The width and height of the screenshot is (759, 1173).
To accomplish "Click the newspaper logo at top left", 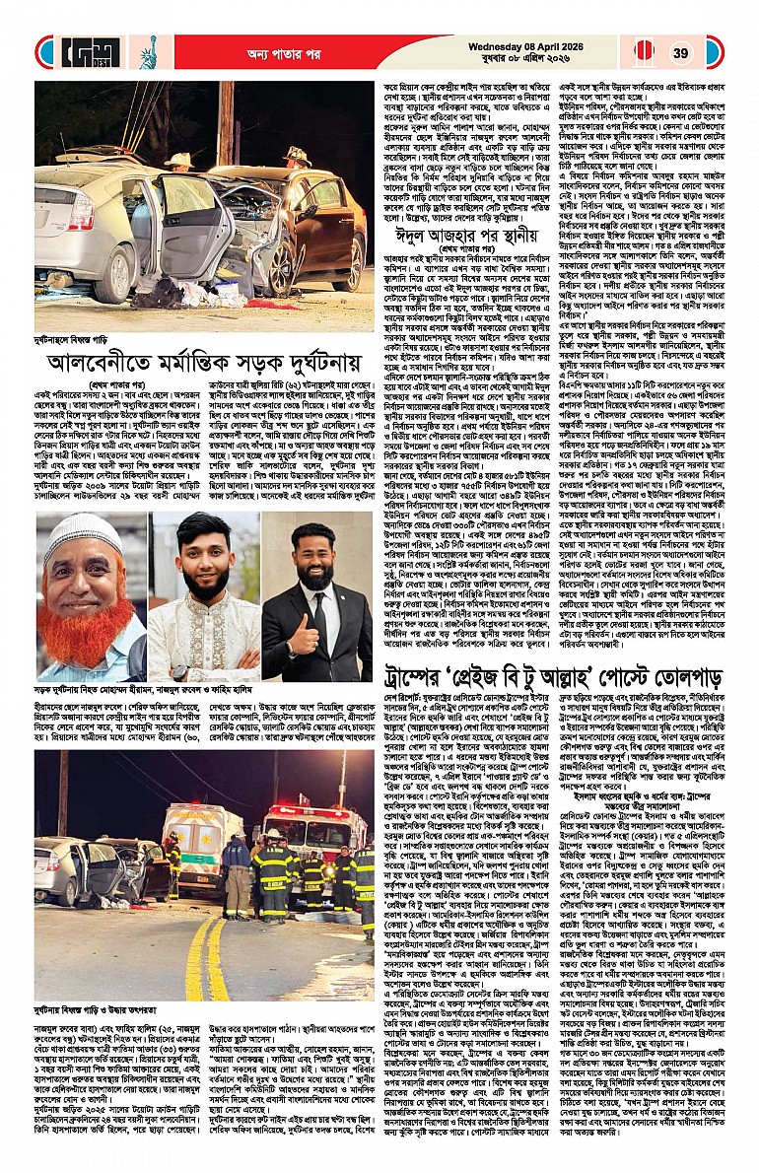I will [x=87, y=52].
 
